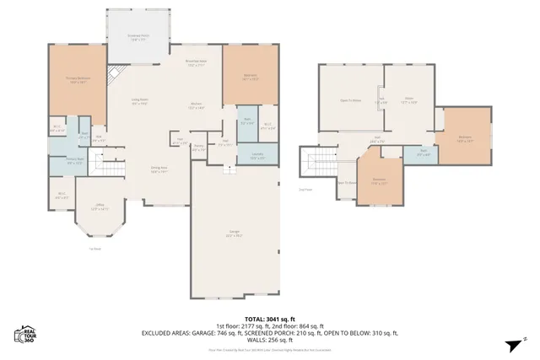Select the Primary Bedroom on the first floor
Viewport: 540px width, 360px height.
(78, 81)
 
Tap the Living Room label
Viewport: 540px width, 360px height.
(139, 103)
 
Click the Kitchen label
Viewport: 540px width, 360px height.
(196, 106)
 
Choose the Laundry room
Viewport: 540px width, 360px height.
(254, 157)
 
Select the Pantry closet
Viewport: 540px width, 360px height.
(198, 147)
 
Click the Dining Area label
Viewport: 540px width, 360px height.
(159, 169)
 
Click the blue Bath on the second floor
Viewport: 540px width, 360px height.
(423, 153)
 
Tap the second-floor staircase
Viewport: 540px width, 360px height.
(321, 165)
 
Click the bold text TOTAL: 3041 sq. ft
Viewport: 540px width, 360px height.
(269, 319)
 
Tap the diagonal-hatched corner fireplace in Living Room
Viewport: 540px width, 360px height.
(119, 73)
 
